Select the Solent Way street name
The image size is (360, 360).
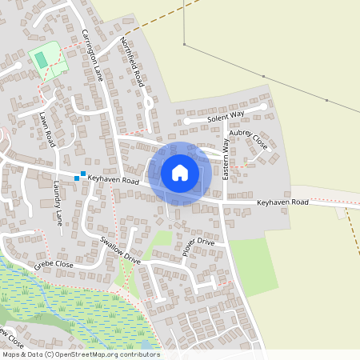click(x=226, y=117)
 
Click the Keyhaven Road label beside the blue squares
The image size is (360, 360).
click(x=114, y=182)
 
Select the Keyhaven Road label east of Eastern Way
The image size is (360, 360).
click(x=282, y=203)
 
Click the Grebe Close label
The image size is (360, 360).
click(x=54, y=263)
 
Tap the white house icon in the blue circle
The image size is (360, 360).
click(x=180, y=173)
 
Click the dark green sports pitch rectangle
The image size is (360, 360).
click(x=41, y=58)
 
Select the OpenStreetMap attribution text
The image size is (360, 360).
click(x=81, y=354)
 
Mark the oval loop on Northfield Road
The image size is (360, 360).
click(x=149, y=103)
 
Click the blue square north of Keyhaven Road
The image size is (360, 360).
click(x=83, y=173)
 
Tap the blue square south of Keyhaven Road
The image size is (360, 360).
click(x=77, y=178)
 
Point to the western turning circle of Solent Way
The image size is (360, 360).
click(x=187, y=122)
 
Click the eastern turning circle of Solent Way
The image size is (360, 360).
click(x=263, y=106)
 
